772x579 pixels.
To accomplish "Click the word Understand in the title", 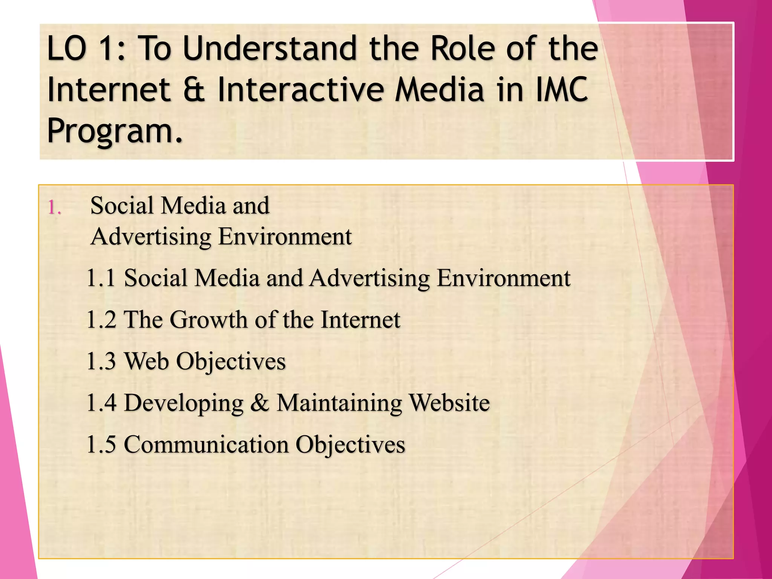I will pos(269,49).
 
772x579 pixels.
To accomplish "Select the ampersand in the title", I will pos(194,90).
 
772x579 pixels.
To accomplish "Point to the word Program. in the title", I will pos(115,131).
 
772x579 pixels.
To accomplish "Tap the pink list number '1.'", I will pos(55,208).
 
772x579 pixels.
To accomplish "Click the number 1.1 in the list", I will pos(101,278).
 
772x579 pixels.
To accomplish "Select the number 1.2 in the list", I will pos(101,320).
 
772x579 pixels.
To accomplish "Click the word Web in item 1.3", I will pos(146,361).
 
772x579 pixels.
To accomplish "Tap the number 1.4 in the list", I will pos(101,403).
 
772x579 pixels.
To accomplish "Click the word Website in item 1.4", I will pos(449,403).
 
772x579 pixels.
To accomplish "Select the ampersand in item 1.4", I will pos(260,403).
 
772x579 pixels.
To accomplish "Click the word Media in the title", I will pos(440,90).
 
